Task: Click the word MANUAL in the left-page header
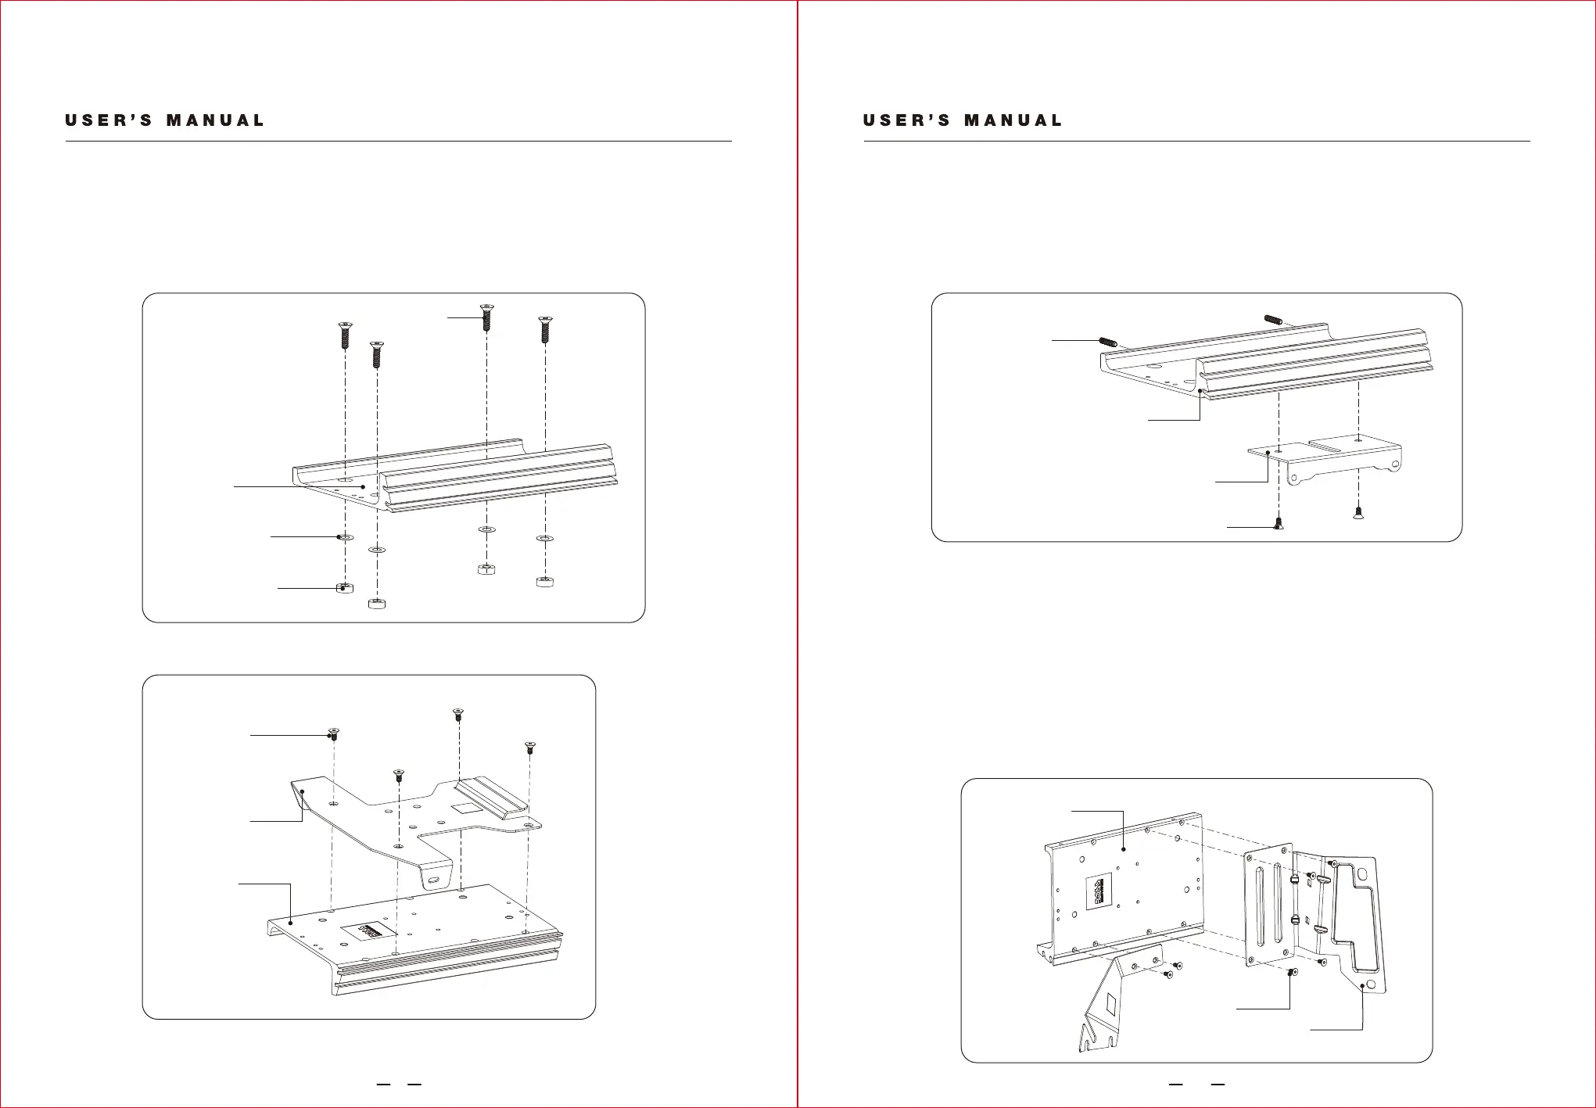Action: pyautogui.click(x=215, y=120)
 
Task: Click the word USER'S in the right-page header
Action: pyautogui.click(x=906, y=120)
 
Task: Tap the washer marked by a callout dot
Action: pyautogui.click(x=343, y=538)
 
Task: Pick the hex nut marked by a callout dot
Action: pyautogui.click(x=344, y=587)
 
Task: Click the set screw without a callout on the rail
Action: pyautogui.click(x=1273, y=319)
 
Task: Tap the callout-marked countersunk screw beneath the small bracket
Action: pyautogui.click(x=1278, y=524)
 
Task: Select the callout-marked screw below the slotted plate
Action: pyautogui.click(x=1291, y=972)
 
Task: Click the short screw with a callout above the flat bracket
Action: pyautogui.click(x=334, y=734)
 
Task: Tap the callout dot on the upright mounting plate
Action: pyautogui.click(x=1123, y=849)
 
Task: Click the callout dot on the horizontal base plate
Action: pyautogui.click(x=291, y=923)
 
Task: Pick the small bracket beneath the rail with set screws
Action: pyautogui.click(x=1322, y=461)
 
